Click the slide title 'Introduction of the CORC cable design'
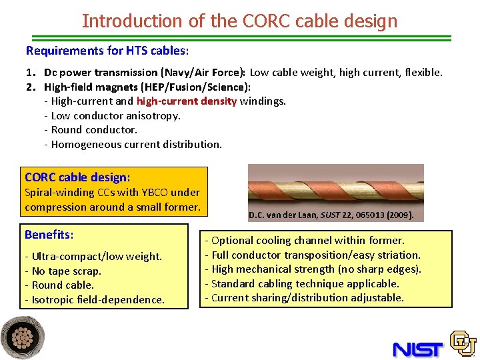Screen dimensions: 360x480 (239, 21)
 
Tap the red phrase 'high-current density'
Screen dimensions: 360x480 (187, 101)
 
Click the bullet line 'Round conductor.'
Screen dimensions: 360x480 (93, 130)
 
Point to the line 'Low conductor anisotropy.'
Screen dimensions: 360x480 (115, 116)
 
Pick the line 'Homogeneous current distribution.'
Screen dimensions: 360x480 (136, 144)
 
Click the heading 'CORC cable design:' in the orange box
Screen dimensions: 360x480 (77, 177)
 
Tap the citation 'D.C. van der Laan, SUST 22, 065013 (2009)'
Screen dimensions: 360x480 (331, 215)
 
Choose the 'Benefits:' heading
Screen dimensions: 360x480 (49, 235)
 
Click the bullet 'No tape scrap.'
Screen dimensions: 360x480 (66, 271)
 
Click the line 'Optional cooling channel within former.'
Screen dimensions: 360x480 (307, 240)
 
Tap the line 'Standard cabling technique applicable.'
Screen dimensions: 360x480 (305, 283)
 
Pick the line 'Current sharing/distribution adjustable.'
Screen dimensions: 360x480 (307, 297)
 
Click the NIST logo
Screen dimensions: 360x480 (418, 349)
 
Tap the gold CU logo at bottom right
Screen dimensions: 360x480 (463, 343)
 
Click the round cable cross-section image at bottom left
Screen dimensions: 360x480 (23, 337)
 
